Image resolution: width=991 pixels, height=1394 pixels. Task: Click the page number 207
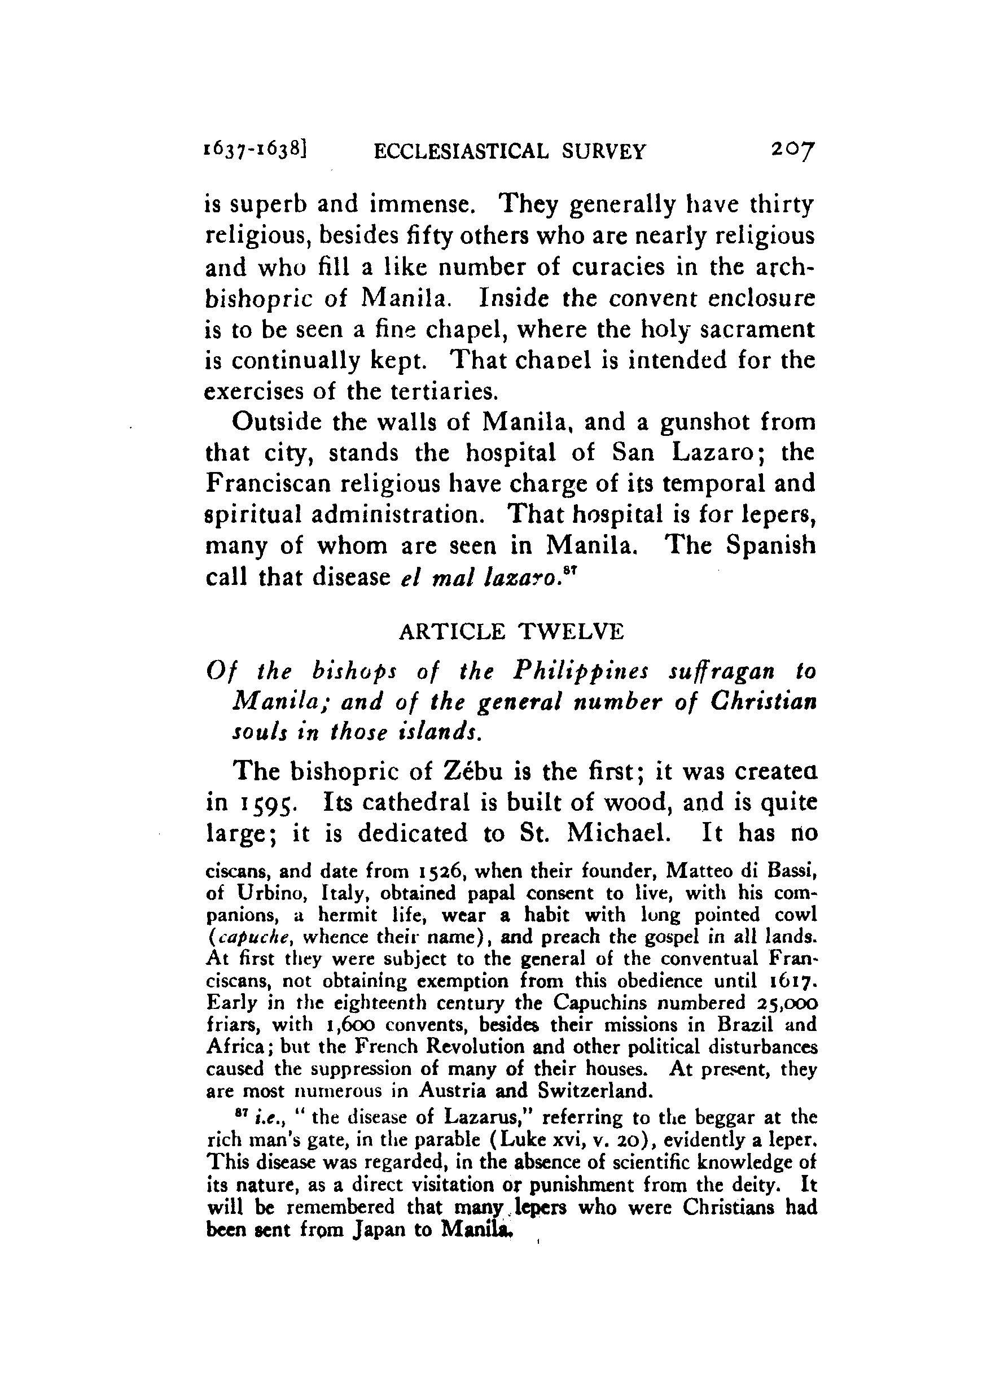(x=792, y=150)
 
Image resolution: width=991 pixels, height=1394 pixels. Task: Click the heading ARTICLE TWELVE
(x=511, y=632)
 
